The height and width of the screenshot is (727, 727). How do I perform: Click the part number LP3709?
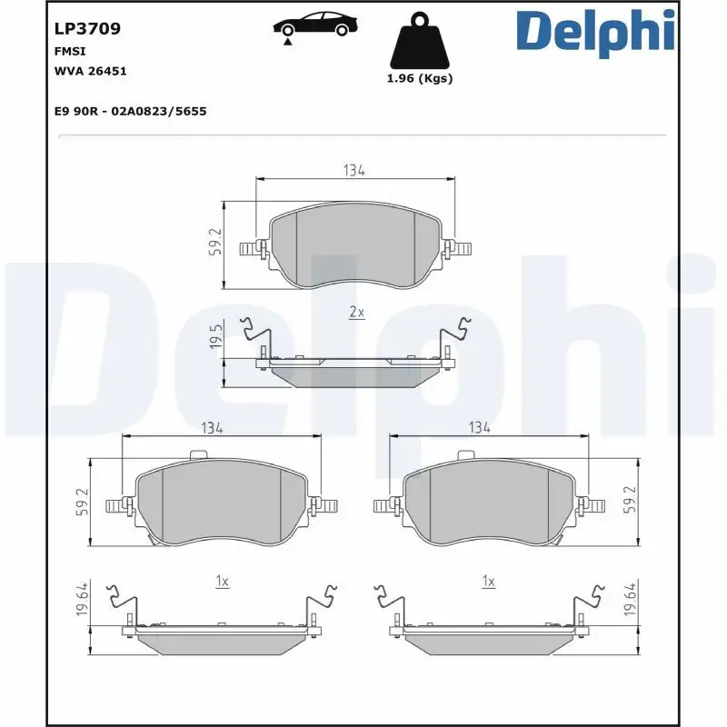[87, 28]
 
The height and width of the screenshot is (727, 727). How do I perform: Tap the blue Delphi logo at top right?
[595, 32]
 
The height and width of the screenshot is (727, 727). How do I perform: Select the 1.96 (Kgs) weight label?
[419, 78]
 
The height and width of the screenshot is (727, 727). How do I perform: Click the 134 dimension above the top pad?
[354, 170]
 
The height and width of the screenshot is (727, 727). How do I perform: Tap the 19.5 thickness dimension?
[215, 337]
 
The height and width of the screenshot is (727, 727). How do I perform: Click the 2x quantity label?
[357, 312]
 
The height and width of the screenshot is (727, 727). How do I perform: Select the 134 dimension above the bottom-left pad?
[212, 427]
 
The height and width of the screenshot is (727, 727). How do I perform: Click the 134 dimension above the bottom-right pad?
[479, 427]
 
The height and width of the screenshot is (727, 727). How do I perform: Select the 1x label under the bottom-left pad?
[222, 581]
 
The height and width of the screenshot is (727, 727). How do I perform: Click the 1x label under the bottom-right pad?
[488, 581]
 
